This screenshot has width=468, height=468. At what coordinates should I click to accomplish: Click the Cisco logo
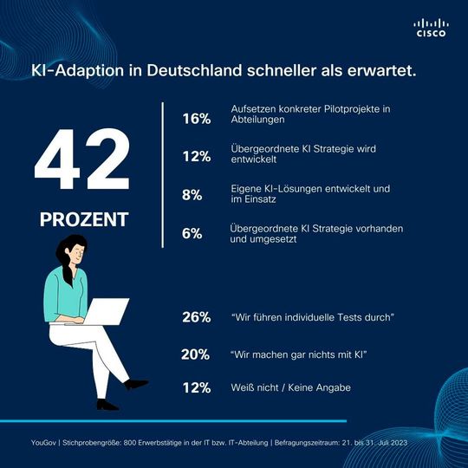click(x=431, y=28)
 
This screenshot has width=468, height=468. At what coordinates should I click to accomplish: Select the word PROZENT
click(x=82, y=218)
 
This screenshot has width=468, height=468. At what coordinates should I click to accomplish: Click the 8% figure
click(x=192, y=195)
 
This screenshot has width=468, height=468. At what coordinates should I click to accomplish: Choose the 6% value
click(x=192, y=233)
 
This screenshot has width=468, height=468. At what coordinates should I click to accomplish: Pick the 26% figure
click(x=197, y=317)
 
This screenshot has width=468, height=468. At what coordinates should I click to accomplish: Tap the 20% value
click(x=197, y=354)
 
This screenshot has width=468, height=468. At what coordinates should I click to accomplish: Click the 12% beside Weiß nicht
click(x=197, y=387)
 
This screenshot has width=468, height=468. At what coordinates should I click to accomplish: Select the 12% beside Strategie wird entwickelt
click(x=197, y=157)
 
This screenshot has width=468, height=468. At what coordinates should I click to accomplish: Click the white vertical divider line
click(x=162, y=174)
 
